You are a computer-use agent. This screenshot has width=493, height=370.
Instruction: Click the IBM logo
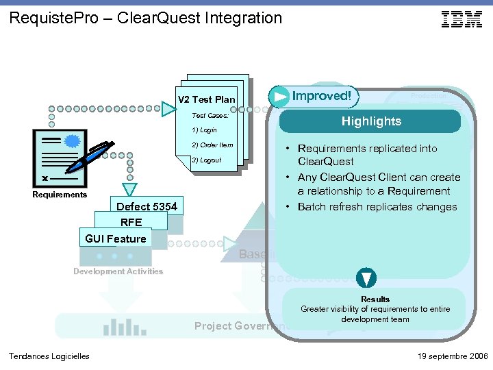point(462,19)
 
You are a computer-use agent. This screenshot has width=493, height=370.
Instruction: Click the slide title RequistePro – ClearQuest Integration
point(146,18)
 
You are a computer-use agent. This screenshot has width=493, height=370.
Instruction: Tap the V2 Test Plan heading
point(206,100)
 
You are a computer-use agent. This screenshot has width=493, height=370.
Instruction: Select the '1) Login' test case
point(204,130)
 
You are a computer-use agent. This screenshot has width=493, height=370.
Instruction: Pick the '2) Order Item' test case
point(212,145)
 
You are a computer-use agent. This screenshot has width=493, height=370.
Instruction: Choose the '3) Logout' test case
point(205,160)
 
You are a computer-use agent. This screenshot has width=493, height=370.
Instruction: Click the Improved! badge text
point(322,96)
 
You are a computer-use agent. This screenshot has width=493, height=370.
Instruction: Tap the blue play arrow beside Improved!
point(279,97)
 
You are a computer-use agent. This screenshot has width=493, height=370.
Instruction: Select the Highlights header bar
point(370,121)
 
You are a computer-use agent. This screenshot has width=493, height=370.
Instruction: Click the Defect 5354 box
point(147,206)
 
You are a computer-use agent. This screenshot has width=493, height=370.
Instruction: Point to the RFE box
point(131,222)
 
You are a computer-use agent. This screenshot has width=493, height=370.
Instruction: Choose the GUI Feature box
point(116,238)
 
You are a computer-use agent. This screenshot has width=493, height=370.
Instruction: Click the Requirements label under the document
point(60,195)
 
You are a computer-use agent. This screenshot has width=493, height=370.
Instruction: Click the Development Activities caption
point(118,271)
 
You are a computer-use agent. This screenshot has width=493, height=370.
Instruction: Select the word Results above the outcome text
point(375,299)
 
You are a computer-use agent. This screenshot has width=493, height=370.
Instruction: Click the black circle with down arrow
point(366,278)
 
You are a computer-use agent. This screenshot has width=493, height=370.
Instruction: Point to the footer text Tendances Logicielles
point(49,356)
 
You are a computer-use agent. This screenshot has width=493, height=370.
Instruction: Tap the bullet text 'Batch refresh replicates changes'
point(377,207)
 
